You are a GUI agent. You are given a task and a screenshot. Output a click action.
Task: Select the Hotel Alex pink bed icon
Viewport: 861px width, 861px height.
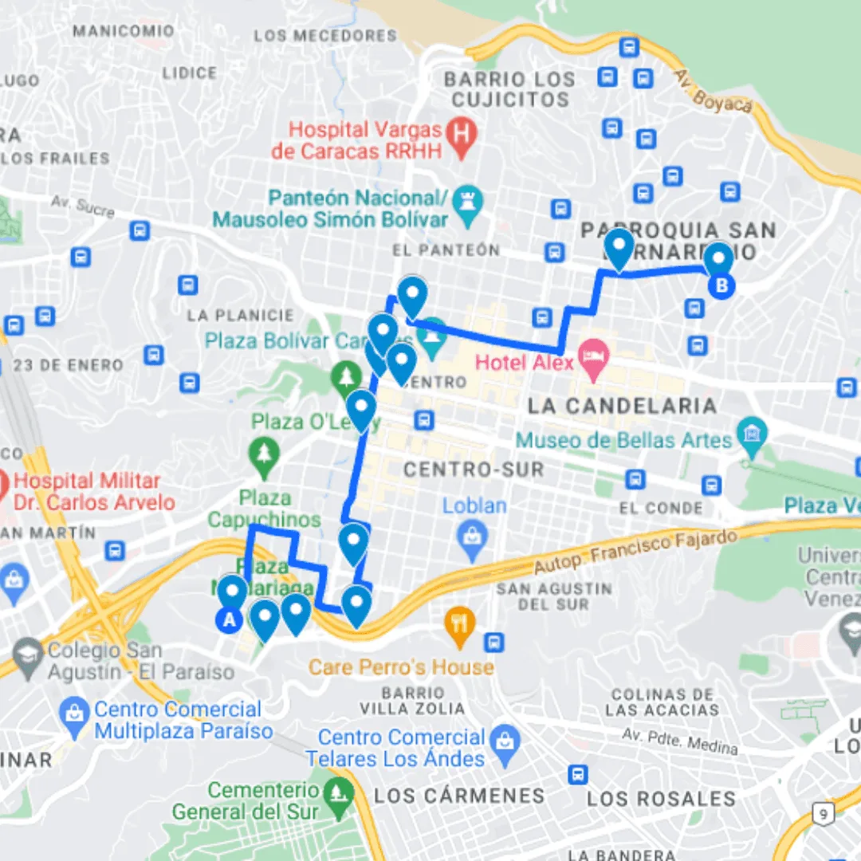592,352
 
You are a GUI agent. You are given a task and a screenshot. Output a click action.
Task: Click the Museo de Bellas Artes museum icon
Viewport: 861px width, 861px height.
751,432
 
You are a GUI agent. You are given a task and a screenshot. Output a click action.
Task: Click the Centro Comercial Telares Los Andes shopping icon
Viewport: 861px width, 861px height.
505,739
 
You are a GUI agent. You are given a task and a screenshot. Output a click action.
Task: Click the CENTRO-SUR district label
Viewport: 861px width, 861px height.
474,470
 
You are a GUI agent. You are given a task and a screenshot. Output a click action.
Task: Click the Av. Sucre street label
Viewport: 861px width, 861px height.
83,206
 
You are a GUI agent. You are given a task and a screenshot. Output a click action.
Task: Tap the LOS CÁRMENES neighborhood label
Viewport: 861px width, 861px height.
459,795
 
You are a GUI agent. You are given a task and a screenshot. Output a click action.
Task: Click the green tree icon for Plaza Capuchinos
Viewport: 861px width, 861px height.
263,454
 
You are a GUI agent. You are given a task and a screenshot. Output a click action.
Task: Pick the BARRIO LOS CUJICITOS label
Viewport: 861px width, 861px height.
509,89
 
